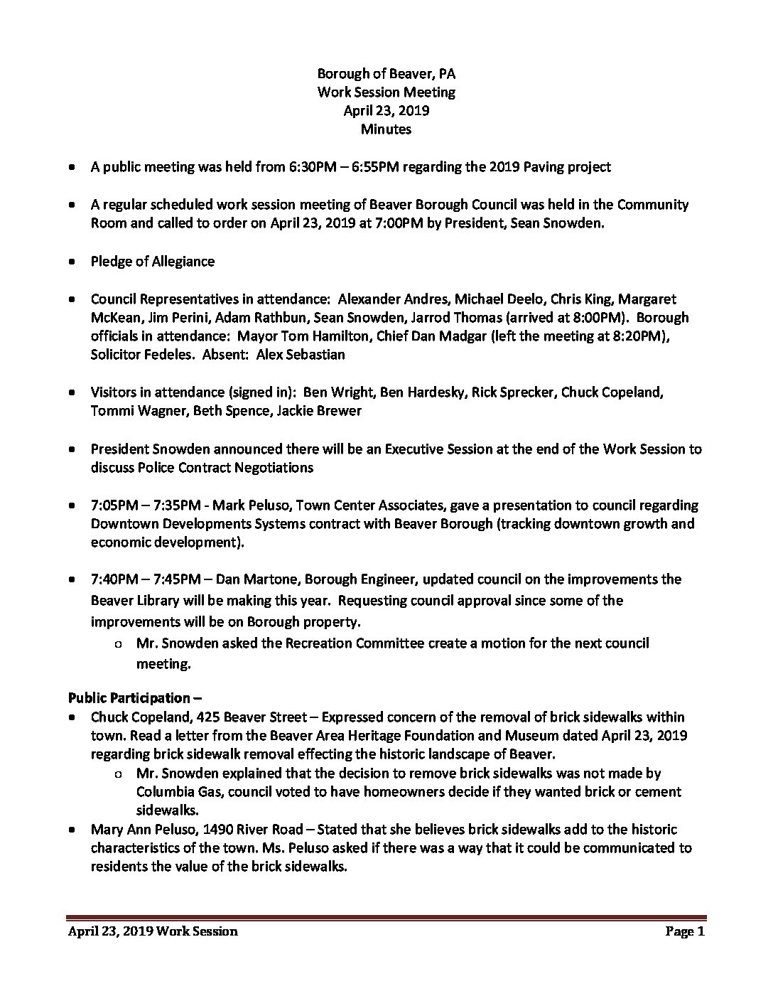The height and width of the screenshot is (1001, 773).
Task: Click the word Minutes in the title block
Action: [x=386, y=129]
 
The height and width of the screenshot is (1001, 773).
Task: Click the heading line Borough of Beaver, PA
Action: [x=386, y=73]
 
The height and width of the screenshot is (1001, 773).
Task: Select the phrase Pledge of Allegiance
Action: [x=152, y=261]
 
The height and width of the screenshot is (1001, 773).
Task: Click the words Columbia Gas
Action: [x=175, y=791]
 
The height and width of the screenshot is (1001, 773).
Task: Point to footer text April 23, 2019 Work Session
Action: [x=153, y=931]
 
